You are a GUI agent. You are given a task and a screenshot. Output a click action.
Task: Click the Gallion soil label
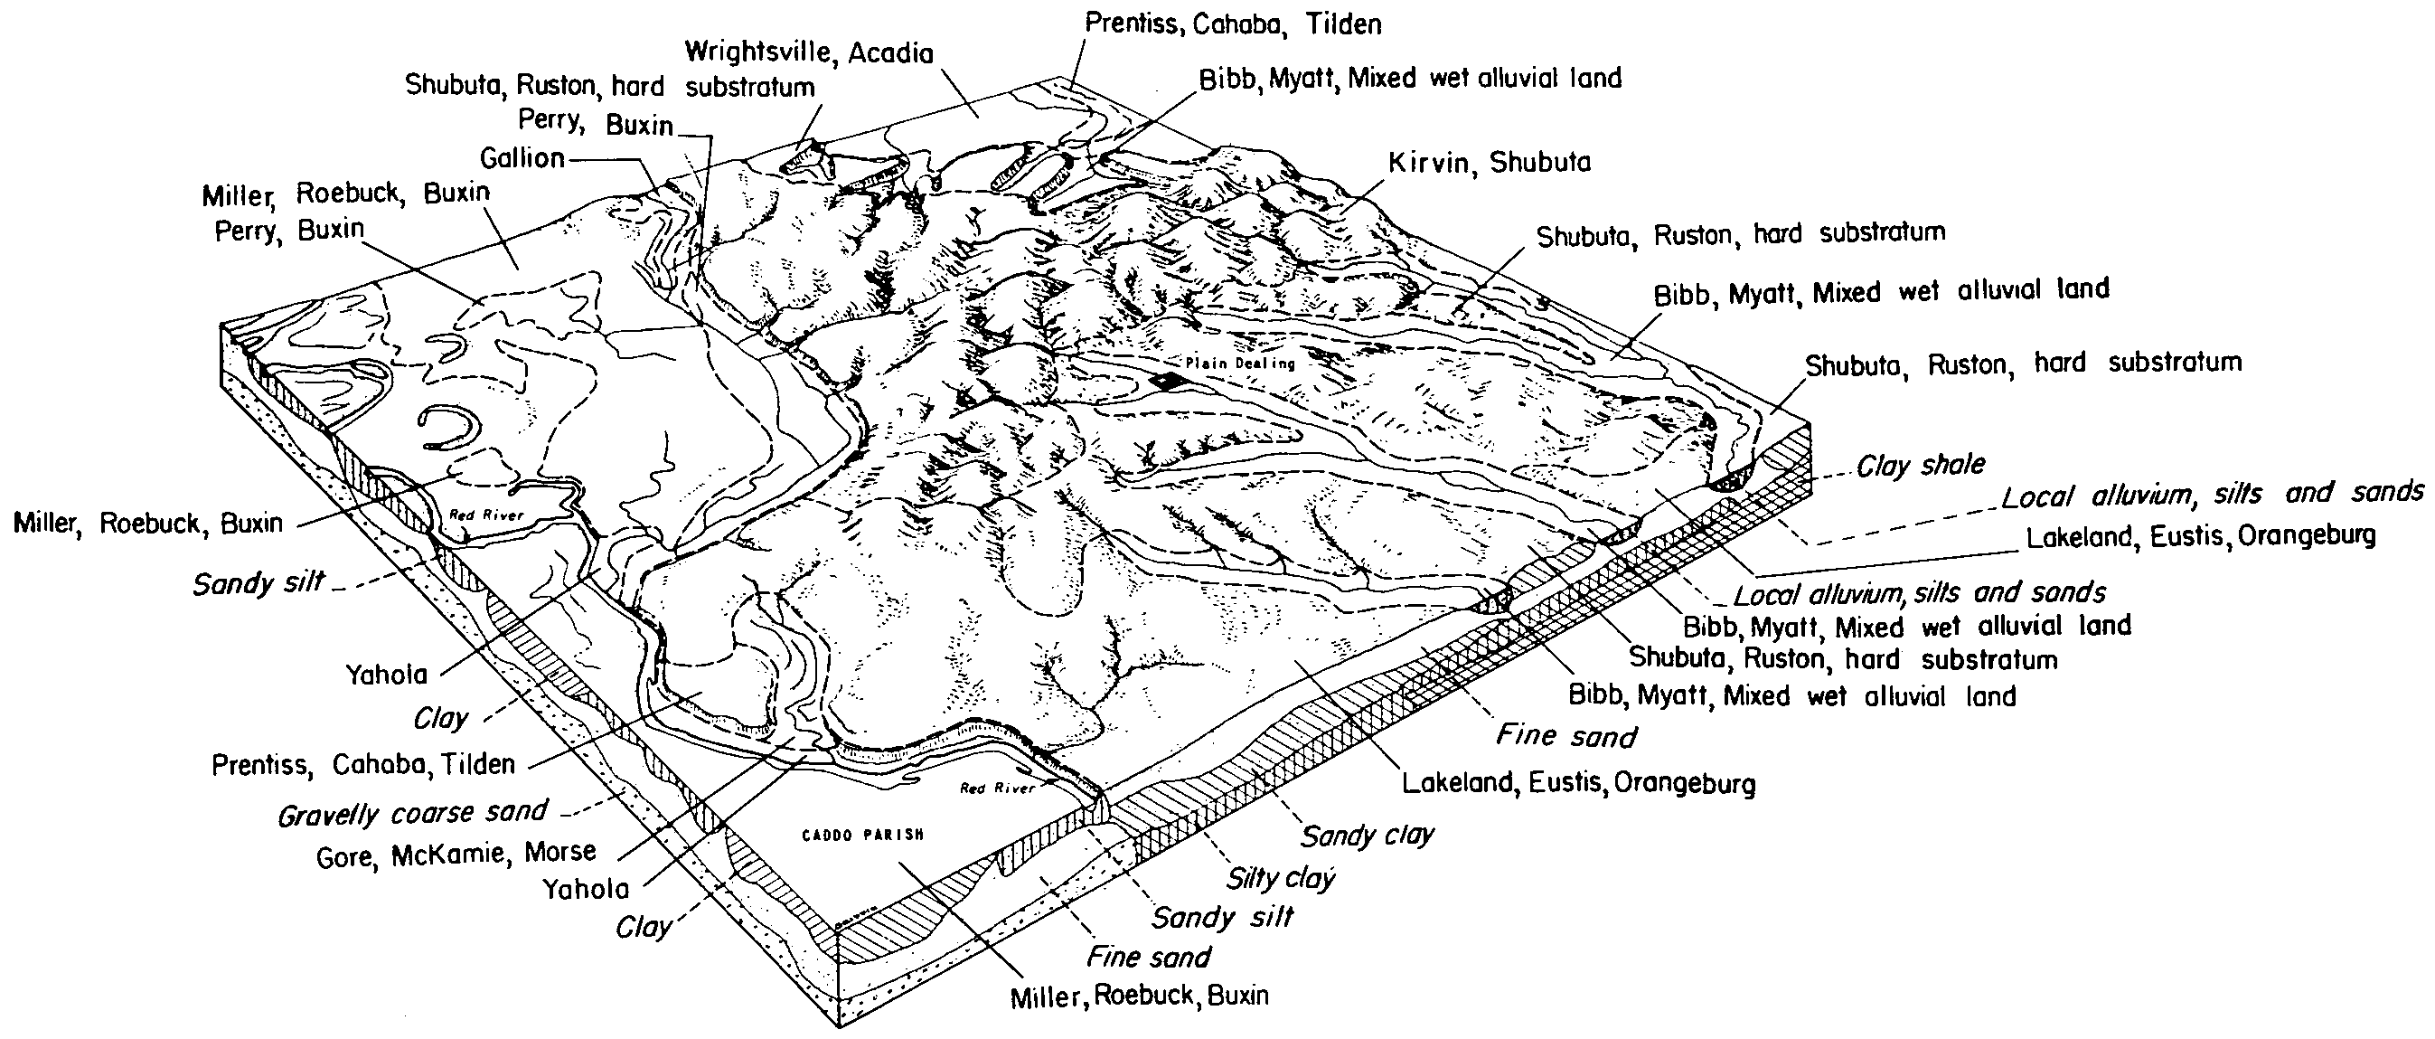click(522, 157)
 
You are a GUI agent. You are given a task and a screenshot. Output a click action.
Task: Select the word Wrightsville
click(760, 53)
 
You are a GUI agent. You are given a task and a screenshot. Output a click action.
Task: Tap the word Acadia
click(890, 53)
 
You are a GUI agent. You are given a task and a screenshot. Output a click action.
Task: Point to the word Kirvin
click(1428, 163)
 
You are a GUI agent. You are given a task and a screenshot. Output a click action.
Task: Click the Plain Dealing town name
click(1239, 363)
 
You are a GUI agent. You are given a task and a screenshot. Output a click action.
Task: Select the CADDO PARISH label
click(862, 835)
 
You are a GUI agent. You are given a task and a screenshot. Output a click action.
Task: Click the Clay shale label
click(1920, 465)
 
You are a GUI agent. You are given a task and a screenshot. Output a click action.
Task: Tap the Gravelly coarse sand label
click(412, 813)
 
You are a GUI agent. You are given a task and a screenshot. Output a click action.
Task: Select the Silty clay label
click(1280, 878)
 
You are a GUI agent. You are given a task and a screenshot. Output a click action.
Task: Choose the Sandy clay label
click(1367, 835)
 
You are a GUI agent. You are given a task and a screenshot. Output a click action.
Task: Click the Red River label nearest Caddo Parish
click(997, 788)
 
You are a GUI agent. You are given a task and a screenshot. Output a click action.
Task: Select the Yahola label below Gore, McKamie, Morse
click(586, 889)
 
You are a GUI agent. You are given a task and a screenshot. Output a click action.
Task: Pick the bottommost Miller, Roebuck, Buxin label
click(1140, 996)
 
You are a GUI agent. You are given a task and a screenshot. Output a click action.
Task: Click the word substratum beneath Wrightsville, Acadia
click(749, 87)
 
